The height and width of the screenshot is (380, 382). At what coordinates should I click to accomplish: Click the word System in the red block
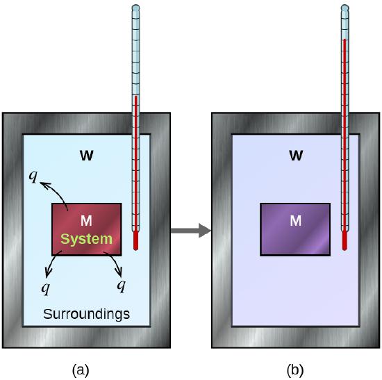(x=86, y=239)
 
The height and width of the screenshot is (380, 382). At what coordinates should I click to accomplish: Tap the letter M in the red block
(x=86, y=222)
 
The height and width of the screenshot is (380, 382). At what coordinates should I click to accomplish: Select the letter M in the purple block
(x=295, y=222)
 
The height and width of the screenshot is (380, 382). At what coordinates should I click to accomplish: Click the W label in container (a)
(x=86, y=156)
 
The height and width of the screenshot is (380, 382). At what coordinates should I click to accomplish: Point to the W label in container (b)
(x=295, y=156)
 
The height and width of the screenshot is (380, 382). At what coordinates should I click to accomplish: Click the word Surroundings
(x=86, y=314)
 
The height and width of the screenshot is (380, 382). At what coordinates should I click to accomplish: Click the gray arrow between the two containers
(x=190, y=230)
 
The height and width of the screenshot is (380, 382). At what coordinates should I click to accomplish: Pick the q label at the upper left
(x=33, y=175)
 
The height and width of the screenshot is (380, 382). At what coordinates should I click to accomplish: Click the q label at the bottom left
(x=47, y=286)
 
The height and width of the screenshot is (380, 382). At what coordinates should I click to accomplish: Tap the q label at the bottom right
(x=121, y=286)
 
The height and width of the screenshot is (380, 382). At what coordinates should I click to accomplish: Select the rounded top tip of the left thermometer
(x=136, y=8)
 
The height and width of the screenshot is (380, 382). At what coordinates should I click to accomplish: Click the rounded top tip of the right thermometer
(x=345, y=8)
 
